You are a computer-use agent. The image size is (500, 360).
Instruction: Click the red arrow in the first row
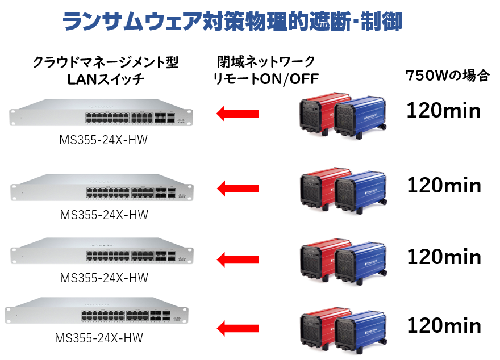pos(237,114)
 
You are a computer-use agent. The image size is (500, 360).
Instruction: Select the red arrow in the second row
pos(237,187)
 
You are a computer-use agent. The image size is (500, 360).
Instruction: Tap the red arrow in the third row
pos(237,259)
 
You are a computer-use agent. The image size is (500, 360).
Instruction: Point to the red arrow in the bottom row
pos(237,328)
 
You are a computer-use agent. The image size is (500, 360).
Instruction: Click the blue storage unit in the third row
pos(361,263)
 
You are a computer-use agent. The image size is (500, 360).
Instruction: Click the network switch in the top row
pos(101,112)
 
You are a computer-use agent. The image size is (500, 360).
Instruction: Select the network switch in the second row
pos(102,187)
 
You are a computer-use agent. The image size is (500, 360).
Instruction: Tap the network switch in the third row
pos(102,251)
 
